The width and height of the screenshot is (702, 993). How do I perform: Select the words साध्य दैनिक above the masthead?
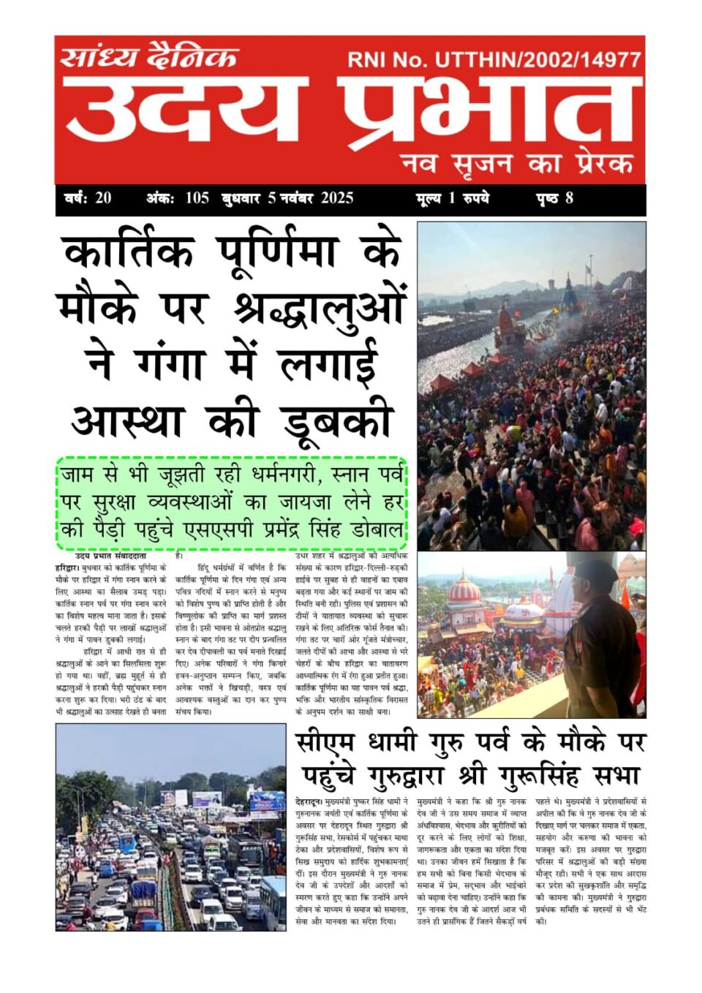click(x=149, y=56)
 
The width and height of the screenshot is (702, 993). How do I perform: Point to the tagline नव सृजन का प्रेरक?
click(x=517, y=162)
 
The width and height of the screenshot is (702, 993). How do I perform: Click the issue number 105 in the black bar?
click(x=197, y=198)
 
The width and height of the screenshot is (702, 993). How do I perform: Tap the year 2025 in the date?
click(x=336, y=198)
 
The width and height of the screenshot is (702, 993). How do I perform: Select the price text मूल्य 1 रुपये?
click(x=452, y=198)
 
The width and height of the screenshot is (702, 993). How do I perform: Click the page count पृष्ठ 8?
click(x=554, y=198)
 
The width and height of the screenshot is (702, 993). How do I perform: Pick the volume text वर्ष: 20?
click(x=88, y=198)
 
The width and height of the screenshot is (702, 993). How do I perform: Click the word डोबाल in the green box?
click(x=377, y=530)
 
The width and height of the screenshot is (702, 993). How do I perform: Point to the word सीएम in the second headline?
click(x=325, y=742)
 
